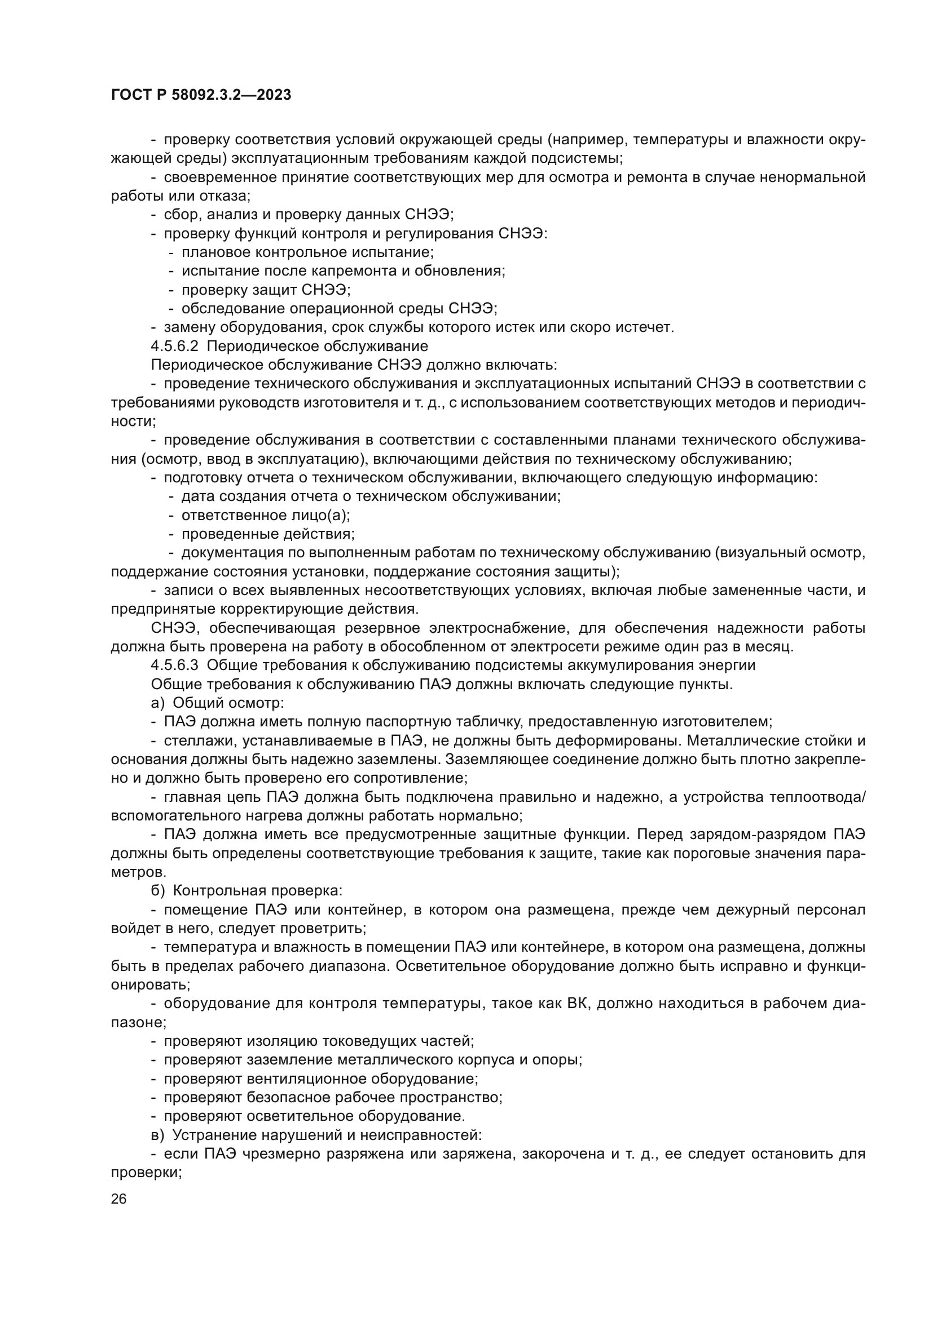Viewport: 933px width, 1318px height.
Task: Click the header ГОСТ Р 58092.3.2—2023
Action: pos(200,95)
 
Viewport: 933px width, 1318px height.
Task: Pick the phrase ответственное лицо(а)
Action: pos(266,515)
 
